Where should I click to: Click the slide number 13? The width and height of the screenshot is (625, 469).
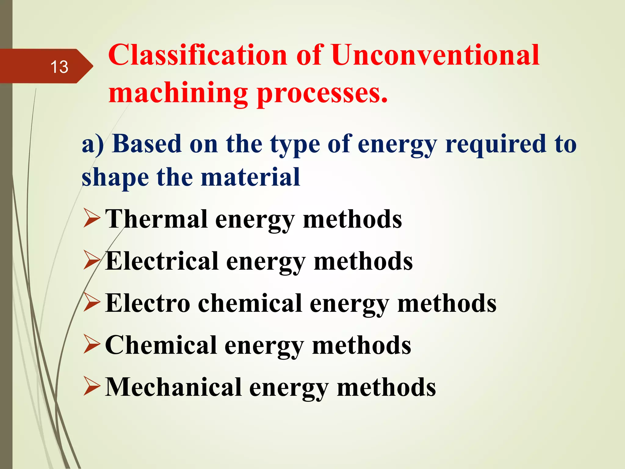[x=59, y=67]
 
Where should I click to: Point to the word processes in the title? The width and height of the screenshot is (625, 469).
[x=322, y=93]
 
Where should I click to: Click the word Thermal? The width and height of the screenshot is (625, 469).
[x=156, y=219]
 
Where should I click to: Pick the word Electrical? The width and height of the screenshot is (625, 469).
[x=162, y=261]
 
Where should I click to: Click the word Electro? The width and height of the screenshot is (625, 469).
[x=148, y=303]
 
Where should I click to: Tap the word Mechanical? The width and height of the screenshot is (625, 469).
[x=173, y=387]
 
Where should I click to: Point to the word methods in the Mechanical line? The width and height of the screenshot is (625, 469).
[x=386, y=387]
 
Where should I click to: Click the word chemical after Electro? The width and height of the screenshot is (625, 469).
[x=250, y=303]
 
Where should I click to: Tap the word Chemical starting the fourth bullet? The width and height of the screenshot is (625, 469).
[x=161, y=345]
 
